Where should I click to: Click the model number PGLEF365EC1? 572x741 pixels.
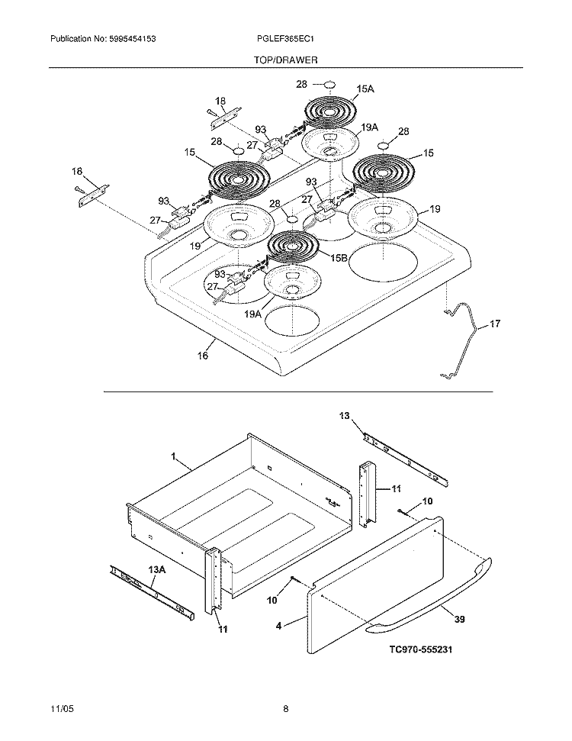click(284, 39)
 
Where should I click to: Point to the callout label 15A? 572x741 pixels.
click(365, 89)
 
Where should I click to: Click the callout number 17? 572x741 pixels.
click(494, 324)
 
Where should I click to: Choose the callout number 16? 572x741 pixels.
click(203, 356)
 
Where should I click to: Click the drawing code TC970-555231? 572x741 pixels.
click(420, 649)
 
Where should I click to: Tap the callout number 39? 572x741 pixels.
click(460, 619)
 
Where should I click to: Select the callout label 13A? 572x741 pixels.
click(157, 570)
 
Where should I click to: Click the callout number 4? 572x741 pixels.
click(279, 626)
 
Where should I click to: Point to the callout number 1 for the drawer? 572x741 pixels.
click(173, 456)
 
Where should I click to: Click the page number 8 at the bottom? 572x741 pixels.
click(286, 710)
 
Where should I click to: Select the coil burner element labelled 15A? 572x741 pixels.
click(330, 112)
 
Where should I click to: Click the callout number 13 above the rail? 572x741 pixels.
click(344, 416)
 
